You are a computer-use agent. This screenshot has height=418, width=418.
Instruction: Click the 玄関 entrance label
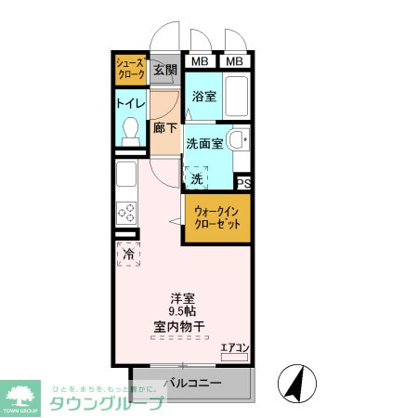click(x=164, y=70)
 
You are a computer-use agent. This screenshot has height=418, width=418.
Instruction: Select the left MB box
click(x=200, y=62)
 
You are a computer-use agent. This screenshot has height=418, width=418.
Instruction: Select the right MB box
click(x=236, y=62)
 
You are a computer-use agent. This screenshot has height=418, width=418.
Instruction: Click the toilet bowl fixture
click(x=129, y=131)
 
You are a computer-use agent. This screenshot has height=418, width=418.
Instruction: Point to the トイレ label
click(x=129, y=104)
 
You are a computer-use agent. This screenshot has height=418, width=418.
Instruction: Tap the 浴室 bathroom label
click(x=203, y=96)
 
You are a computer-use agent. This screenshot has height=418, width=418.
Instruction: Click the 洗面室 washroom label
click(x=203, y=144)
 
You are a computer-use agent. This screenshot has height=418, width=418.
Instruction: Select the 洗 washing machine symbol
click(x=197, y=176)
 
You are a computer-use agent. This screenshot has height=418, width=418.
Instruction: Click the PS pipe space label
click(x=244, y=184)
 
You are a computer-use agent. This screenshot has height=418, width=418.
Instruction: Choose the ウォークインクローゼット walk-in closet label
click(x=217, y=218)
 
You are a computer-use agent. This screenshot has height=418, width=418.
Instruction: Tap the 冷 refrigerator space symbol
click(x=128, y=254)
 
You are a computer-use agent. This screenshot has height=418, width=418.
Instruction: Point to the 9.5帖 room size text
click(x=181, y=312)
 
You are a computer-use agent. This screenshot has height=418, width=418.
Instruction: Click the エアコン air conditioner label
click(x=235, y=348)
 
